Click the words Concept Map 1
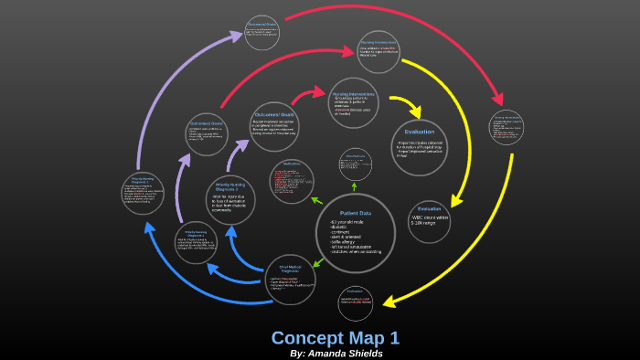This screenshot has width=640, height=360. (x=335, y=336)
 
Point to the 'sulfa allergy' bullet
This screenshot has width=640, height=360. (x=346, y=239)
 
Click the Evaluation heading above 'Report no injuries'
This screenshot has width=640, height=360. (x=420, y=131)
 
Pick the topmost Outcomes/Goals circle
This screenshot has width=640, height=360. (x=262, y=33)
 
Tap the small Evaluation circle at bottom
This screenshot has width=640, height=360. (x=355, y=301)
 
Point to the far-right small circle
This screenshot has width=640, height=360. (x=506, y=128)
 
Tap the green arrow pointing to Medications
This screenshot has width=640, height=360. (x=317, y=199)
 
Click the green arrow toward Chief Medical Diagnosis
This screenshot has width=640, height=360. (x=316, y=263)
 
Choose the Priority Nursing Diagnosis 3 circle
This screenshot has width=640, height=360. (x=229, y=199)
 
